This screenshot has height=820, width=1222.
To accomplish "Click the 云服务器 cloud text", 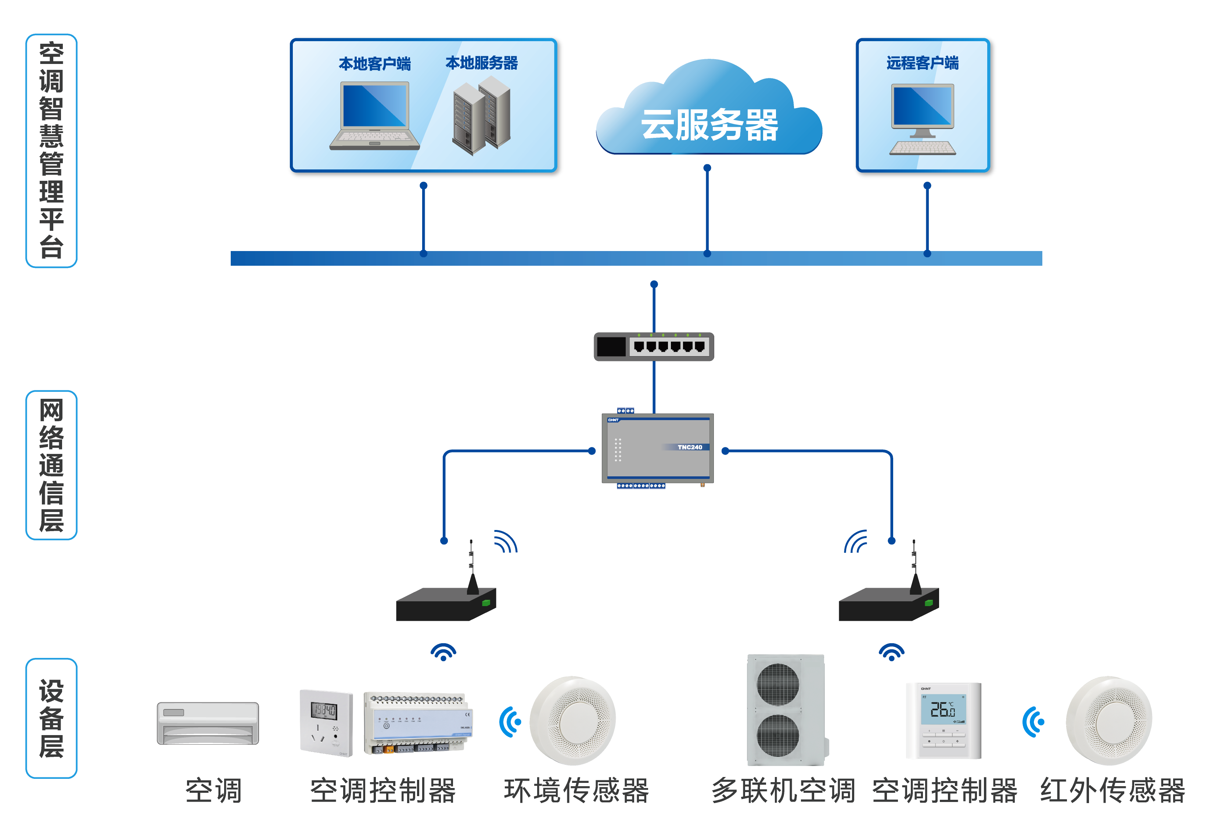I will [709, 125].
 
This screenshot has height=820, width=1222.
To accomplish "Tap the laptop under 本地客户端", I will [374, 116].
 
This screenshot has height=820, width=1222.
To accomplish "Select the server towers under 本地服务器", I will [481, 115].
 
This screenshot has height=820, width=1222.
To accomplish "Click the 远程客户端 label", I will [923, 63].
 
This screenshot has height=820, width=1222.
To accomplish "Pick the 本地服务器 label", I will [481, 63].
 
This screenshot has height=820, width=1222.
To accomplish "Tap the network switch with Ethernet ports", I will [654, 347].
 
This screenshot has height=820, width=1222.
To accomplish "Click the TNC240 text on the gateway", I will [690, 447].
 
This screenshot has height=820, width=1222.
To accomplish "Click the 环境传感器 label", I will [576, 790].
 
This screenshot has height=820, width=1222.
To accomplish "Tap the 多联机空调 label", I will [783, 790].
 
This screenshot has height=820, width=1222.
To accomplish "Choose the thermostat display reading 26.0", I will [944, 710].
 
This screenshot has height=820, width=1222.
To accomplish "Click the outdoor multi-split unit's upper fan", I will [778, 684].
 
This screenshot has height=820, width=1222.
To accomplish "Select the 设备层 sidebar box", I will [51, 718].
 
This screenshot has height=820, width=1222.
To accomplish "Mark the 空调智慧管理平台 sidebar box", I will [51, 151].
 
